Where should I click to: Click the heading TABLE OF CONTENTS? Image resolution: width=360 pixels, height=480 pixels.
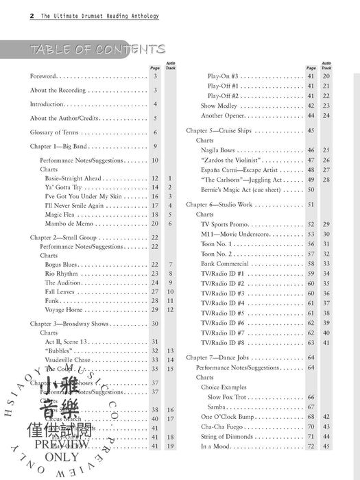point(97,49)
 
